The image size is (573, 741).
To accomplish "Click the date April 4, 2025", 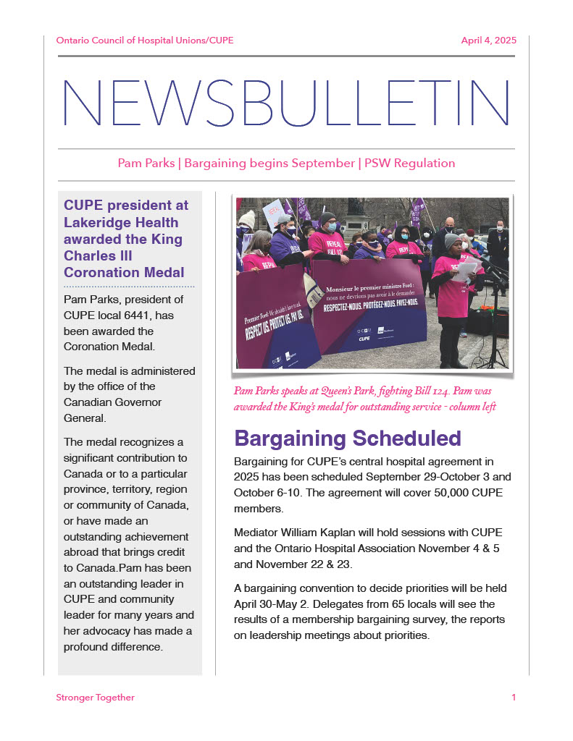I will coord(488,41).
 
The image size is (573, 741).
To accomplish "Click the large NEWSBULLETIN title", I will coord(285,103).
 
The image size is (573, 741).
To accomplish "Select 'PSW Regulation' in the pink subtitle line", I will coord(409,164).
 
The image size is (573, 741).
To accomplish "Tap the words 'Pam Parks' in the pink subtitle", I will coord(146,164).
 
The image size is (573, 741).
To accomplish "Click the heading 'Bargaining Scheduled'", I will coord(348,439).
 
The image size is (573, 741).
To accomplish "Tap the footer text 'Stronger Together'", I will coord(95,698).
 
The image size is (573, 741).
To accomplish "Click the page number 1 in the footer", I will coord(514,698).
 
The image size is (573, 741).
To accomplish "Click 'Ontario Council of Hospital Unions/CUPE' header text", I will coord(145,41).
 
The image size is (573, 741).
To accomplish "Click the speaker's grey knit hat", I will coord(452,240).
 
